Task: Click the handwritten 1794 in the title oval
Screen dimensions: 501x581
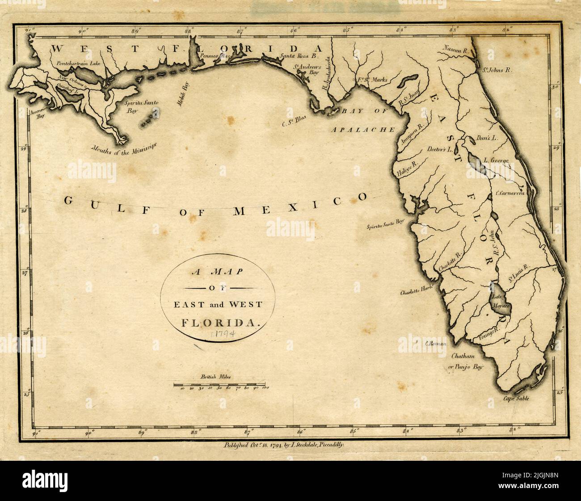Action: pos(226,334)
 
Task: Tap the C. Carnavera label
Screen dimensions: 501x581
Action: pos(512,193)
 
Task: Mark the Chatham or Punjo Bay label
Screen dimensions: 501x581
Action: pos(467,362)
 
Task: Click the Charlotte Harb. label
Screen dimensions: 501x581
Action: pos(417,293)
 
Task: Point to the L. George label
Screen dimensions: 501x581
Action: pos(496,159)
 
